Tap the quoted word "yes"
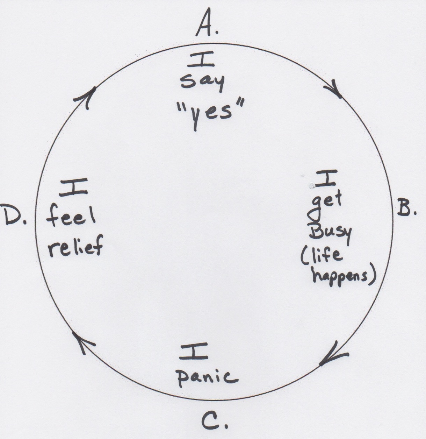(x=209, y=113)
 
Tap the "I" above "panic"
(x=194, y=351)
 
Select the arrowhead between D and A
(x=87, y=98)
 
